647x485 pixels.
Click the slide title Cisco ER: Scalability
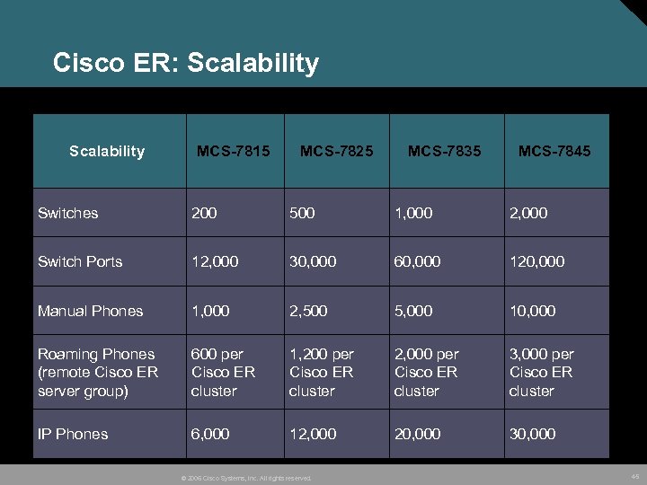(185, 63)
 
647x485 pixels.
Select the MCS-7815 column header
(233, 151)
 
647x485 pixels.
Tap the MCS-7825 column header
(336, 151)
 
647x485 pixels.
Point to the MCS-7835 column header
(444, 151)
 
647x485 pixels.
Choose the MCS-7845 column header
(554, 151)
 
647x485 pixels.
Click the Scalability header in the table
(107, 151)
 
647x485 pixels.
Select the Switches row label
(68, 213)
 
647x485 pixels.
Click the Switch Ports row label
(80, 261)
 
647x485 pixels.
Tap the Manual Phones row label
(90, 311)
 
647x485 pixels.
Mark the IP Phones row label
(73, 434)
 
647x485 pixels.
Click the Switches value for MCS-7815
(204, 213)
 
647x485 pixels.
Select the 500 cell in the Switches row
(302, 213)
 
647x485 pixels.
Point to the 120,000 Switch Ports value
(536, 261)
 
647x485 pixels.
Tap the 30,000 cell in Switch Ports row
(313, 261)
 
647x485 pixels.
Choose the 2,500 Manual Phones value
(307, 311)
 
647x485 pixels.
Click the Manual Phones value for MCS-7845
(532, 311)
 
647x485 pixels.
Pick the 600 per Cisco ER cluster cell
(223, 372)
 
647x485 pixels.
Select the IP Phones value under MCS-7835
(417, 434)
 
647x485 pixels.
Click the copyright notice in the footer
(246, 478)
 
